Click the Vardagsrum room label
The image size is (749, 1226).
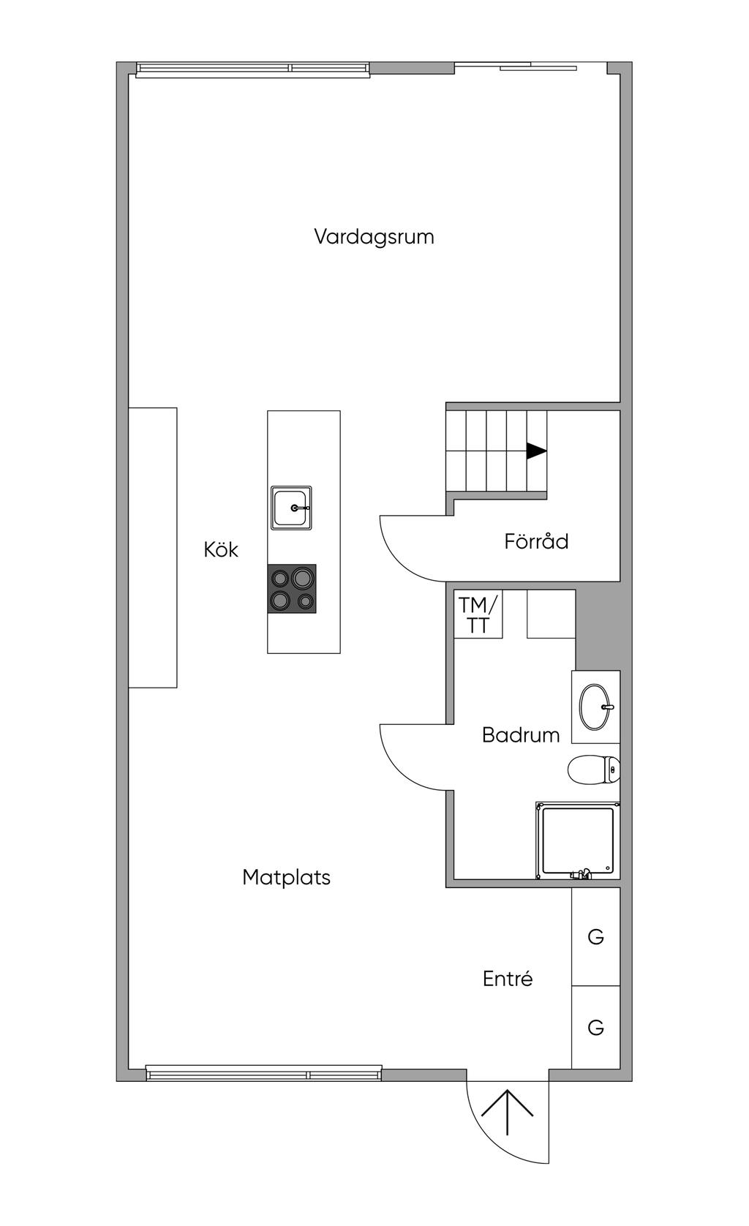coord(374,237)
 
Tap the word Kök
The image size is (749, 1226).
coord(220,549)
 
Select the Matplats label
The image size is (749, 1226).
coord(286,877)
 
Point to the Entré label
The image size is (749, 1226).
coord(507,978)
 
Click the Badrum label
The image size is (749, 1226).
coord(520,734)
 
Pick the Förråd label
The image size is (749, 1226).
coord(536,541)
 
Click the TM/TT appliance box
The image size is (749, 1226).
coord(478,614)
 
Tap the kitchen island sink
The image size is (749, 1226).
coord(291,508)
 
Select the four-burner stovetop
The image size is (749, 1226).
coord(292,588)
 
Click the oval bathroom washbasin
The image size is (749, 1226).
coord(595,707)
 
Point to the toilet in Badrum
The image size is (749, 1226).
coord(594,770)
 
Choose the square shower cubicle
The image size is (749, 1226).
coord(578,840)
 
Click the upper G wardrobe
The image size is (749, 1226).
coord(596,937)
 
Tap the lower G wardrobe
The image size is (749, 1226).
coord(596,1027)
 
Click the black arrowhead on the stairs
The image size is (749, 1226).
coord(536,451)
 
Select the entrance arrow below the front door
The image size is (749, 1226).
coord(507,1112)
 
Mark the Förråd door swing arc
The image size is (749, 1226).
coord(399,562)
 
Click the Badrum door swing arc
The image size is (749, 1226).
coord(399,770)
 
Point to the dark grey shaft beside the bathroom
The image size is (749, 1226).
coord(598,629)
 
